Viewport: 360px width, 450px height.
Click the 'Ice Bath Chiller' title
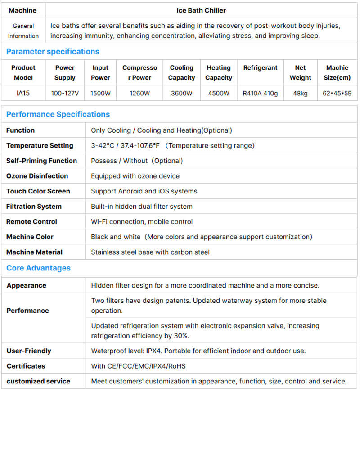[x=201, y=10]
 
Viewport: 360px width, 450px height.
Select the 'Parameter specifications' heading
[x=53, y=51]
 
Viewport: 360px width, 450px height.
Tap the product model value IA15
[x=23, y=94]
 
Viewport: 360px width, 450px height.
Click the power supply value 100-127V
[x=65, y=94]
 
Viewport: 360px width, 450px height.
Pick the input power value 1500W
[x=100, y=94]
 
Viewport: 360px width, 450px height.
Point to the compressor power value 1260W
[x=139, y=94]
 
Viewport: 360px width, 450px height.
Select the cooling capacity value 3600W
[x=181, y=94]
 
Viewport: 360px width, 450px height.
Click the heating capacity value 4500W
[x=218, y=94]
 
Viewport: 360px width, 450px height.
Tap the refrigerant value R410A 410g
[x=260, y=94]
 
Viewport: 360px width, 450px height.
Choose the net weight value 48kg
[x=300, y=94]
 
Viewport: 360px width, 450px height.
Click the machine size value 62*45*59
[x=337, y=94]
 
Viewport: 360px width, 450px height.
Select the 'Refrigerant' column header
[x=260, y=67]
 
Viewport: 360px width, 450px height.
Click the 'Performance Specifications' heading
[x=58, y=114]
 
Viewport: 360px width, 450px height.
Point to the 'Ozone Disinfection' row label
[x=37, y=176]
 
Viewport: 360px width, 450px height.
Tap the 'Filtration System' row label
[x=34, y=207]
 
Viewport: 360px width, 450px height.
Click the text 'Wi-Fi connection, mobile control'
[x=142, y=221]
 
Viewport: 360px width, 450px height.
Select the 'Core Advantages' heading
[x=38, y=268]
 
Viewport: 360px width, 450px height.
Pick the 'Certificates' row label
[x=26, y=366]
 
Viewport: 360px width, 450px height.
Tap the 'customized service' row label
[x=39, y=381]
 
